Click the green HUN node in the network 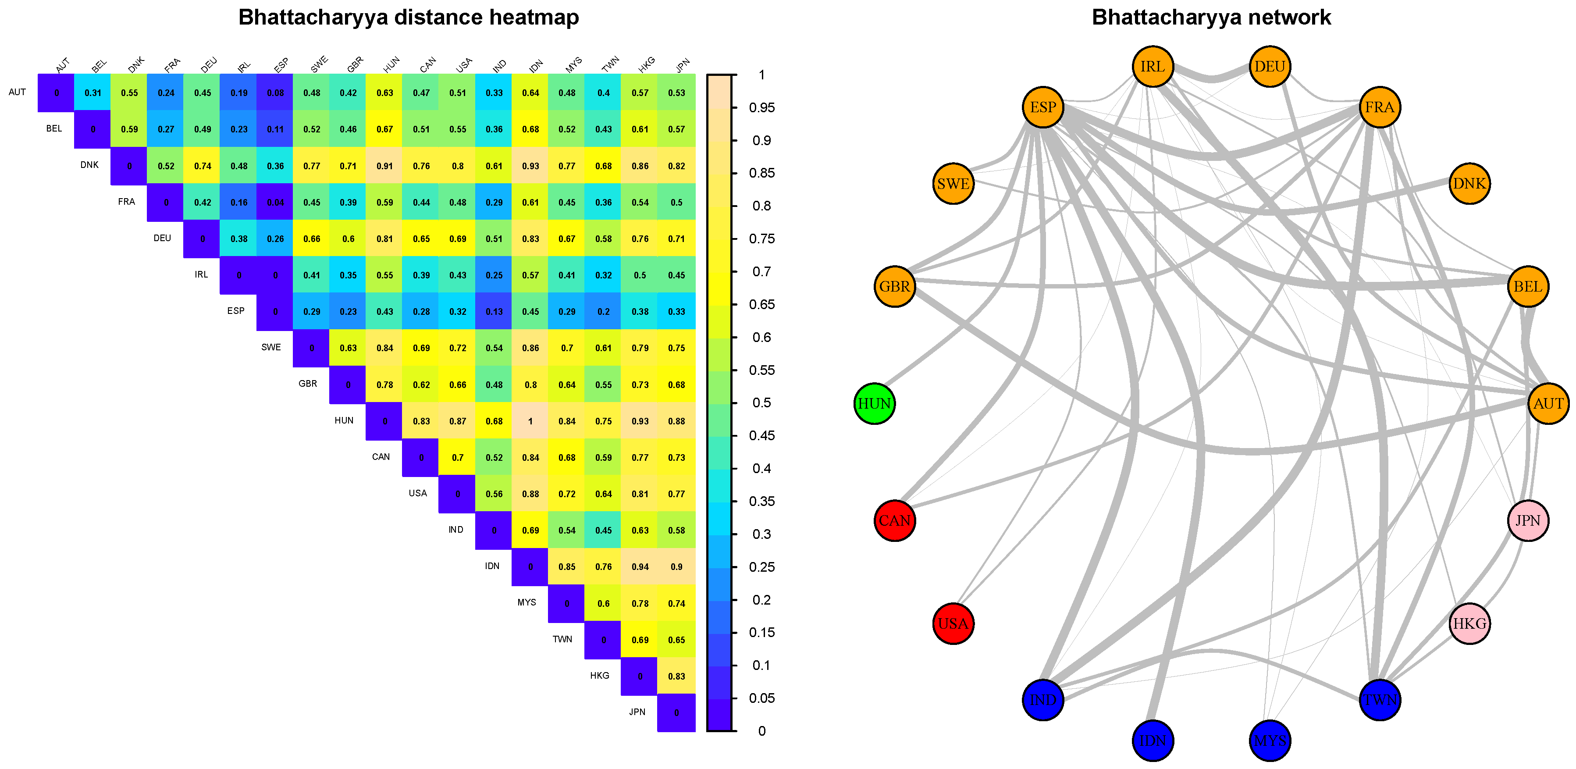[x=874, y=404]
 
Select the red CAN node [x=894, y=520]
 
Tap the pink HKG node [x=1469, y=623]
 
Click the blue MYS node [x=1270, y=741]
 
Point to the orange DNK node [x=1469, y=184]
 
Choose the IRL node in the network [x=1153, y=67]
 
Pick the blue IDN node [x=1153, y=741]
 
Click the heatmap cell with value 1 [x=530, y=421]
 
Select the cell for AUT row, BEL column [x=93, y=93]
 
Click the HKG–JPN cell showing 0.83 [x=676, y=676]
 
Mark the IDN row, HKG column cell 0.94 [x=640, y=566]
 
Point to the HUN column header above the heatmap [x=391, y=64]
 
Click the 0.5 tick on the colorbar [x=761, y=402]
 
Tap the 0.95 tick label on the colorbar [x=761, y=108]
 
